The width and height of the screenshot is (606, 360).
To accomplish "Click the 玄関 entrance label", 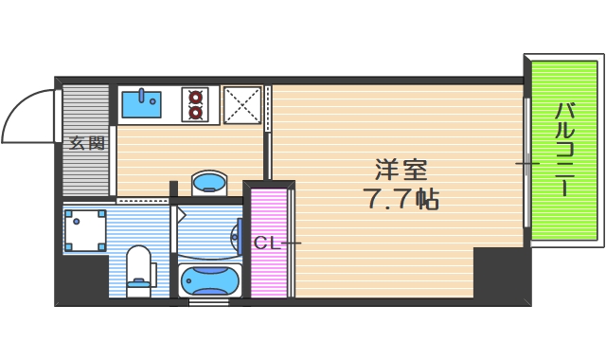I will pos(86,144).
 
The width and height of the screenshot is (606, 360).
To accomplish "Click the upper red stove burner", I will pos(197,96).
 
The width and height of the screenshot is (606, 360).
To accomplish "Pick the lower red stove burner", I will pos(197,113).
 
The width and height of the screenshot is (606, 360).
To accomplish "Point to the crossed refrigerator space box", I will pos(241,104).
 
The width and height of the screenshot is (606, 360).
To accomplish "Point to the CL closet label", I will pos(265,243).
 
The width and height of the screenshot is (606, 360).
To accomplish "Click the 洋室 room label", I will pos(401,171).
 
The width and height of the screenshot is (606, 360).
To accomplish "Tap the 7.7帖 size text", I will pos(401,200).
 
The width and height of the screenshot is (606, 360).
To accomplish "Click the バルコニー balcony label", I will pos(564,149).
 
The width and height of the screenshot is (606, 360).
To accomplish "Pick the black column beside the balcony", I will pos(501,275).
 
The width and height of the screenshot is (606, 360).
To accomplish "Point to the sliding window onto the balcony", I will pos(526,163).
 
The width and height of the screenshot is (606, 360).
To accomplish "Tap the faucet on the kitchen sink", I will pos(142,95).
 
